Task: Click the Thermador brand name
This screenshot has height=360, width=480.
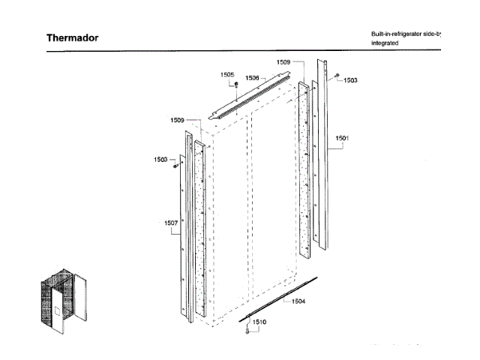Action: tap(72, 38)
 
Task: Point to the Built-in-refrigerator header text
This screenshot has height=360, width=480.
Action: tap(406, 34)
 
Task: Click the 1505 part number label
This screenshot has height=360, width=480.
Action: tap(227, 75)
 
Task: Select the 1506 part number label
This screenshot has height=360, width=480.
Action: tap(253, 78)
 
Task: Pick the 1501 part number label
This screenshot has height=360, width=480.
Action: tap(342, 139)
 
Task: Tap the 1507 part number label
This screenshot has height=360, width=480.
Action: tap(171, 223)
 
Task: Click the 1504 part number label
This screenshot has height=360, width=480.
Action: tap(298, 301)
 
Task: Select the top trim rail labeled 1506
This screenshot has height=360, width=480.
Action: tap(255, 94)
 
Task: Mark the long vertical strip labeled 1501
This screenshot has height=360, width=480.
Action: tap(326, 150)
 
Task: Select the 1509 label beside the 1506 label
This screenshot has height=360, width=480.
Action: tap(283, 61)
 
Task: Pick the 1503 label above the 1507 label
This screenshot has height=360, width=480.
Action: tap(160, 160)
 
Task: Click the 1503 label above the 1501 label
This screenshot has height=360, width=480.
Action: tap(350, 80)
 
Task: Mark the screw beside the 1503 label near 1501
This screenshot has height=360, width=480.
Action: tap(337, 76)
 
